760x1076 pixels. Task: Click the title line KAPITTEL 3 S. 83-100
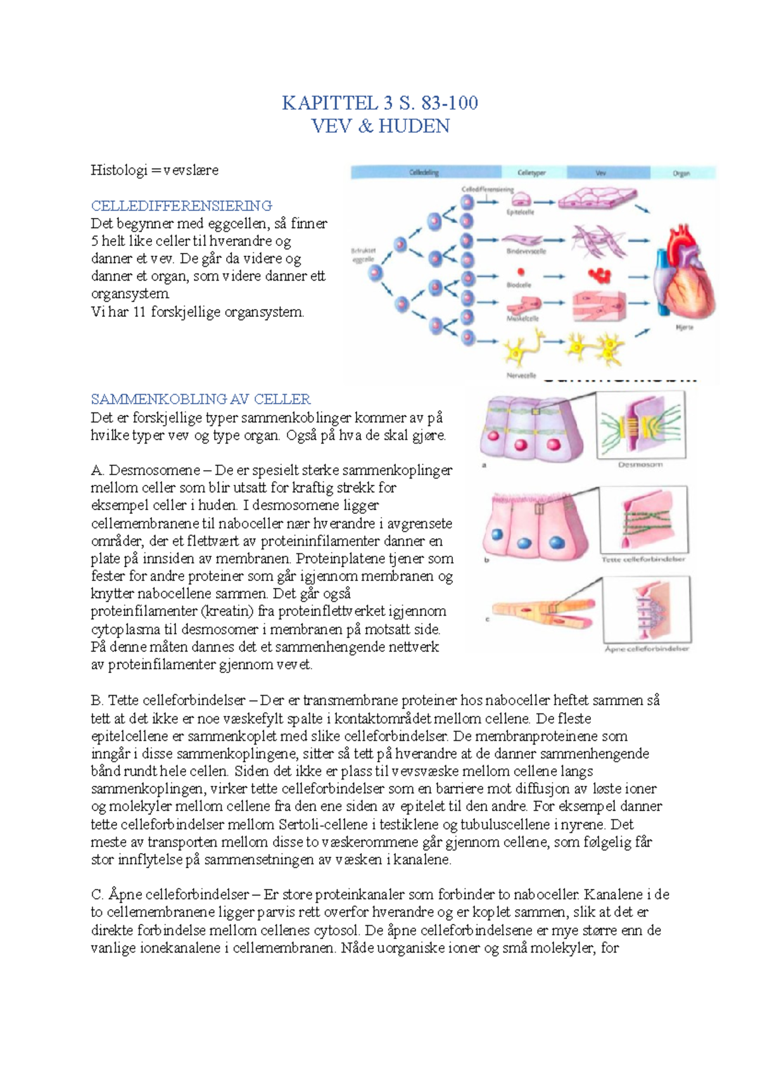pos(379,103)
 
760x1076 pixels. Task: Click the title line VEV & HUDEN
pos(380,126)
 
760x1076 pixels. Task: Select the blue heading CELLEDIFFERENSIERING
pos(181,206)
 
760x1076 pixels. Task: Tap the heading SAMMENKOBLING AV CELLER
pos(201,399)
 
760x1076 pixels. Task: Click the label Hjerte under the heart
pos(685,328)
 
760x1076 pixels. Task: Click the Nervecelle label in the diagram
pos(521,375)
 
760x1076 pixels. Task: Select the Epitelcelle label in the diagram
pos(520,212)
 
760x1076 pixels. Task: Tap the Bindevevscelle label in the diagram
pos(526,252)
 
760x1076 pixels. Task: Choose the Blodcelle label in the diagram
pos(519,285)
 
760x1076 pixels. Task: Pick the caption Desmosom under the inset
pos(640,464)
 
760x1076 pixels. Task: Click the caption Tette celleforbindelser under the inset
pos(643,559)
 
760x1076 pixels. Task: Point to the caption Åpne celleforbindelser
pos(646,649)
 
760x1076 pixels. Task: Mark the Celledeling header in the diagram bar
pos(424,172)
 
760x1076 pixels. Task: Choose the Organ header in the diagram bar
pos(681,173)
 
